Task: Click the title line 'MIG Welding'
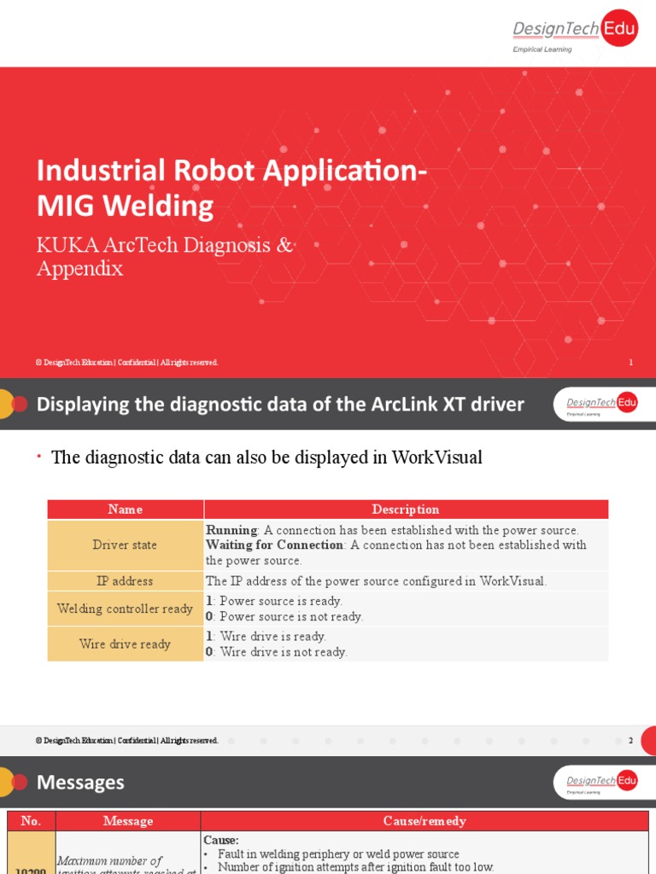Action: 125,206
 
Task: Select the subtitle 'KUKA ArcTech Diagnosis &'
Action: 164,246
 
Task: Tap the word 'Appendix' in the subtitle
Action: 79,269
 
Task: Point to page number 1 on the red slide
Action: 630,363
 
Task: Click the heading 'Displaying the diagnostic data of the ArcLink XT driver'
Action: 280,405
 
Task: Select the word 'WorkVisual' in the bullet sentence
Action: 436,457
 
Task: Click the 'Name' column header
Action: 126,510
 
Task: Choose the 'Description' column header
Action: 406,510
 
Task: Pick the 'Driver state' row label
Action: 126,545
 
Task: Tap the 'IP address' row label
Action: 126,581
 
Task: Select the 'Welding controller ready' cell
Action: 126,609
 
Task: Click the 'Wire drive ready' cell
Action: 126,644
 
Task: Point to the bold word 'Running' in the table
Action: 231,530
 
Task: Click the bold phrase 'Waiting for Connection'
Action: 274,545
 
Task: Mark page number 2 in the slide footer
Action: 630,741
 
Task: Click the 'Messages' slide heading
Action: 80,782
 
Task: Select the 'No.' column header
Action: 31,821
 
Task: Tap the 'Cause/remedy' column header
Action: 425,821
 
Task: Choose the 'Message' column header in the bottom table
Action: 128,821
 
